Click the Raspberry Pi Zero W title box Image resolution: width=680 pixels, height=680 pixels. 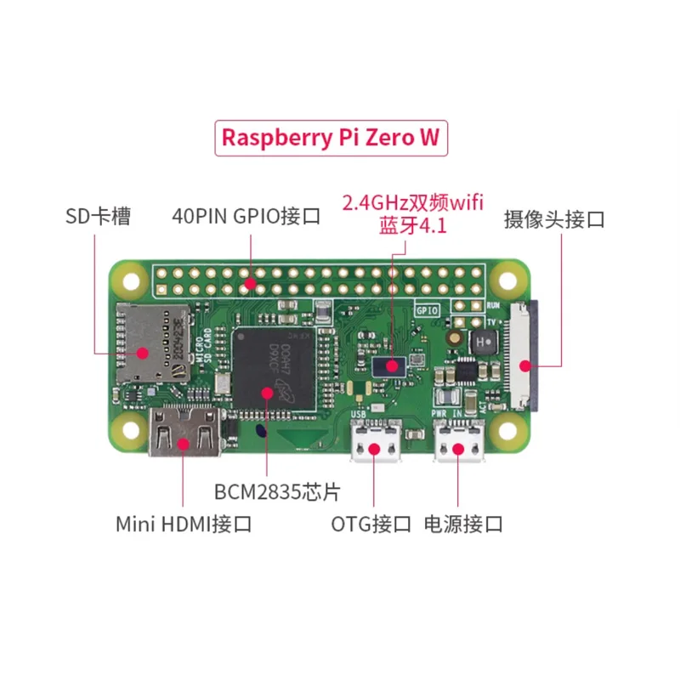point(331,139)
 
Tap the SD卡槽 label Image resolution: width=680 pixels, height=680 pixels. point(98,216)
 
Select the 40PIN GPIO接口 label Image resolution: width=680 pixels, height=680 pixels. point(246,216)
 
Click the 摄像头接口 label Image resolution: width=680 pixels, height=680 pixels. point(553,218)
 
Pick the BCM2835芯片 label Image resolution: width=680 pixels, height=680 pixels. point(266,491)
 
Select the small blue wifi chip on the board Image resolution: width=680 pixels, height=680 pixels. point(392,366)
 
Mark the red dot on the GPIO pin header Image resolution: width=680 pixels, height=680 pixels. point(250,282)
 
